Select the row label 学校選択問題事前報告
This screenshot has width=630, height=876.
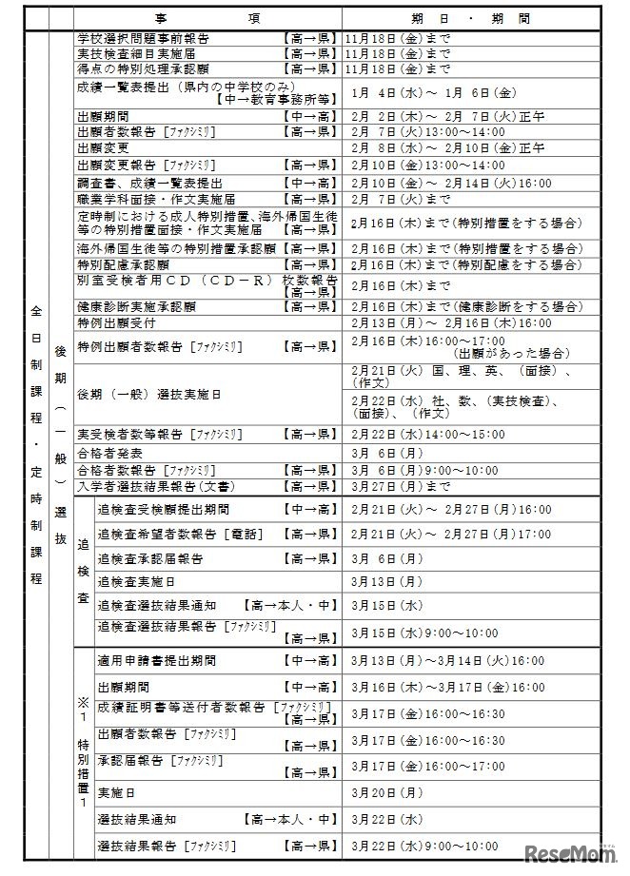143,39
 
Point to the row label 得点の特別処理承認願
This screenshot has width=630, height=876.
143,69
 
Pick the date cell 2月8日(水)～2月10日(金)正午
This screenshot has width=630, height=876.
447,147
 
